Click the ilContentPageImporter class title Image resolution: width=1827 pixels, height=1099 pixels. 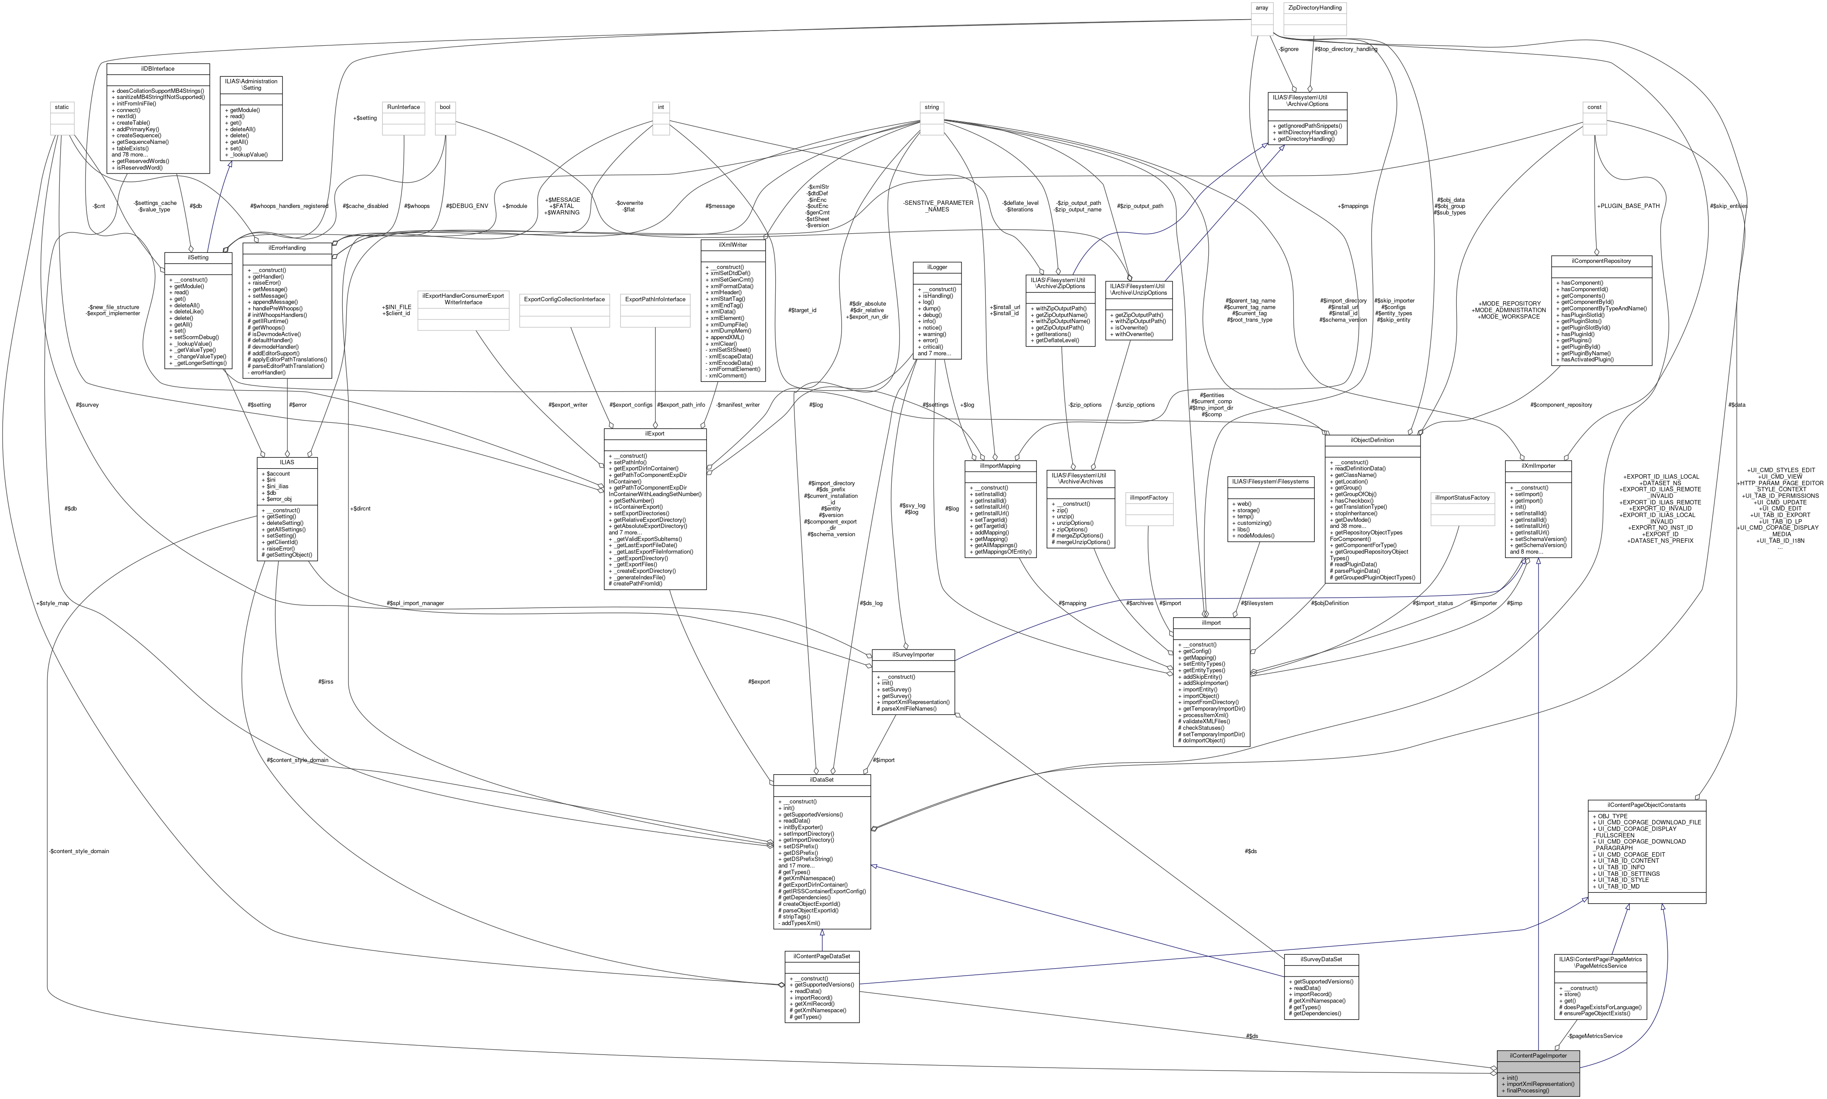[x=1537, y=1055]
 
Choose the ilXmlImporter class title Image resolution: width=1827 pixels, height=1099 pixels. [x=1538, y=466]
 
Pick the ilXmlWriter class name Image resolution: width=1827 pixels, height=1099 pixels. [x=733, y=245]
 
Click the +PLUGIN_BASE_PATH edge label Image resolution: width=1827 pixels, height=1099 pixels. [x=1628, y=206]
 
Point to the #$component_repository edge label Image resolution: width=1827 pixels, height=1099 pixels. [x=1561, y=405]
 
